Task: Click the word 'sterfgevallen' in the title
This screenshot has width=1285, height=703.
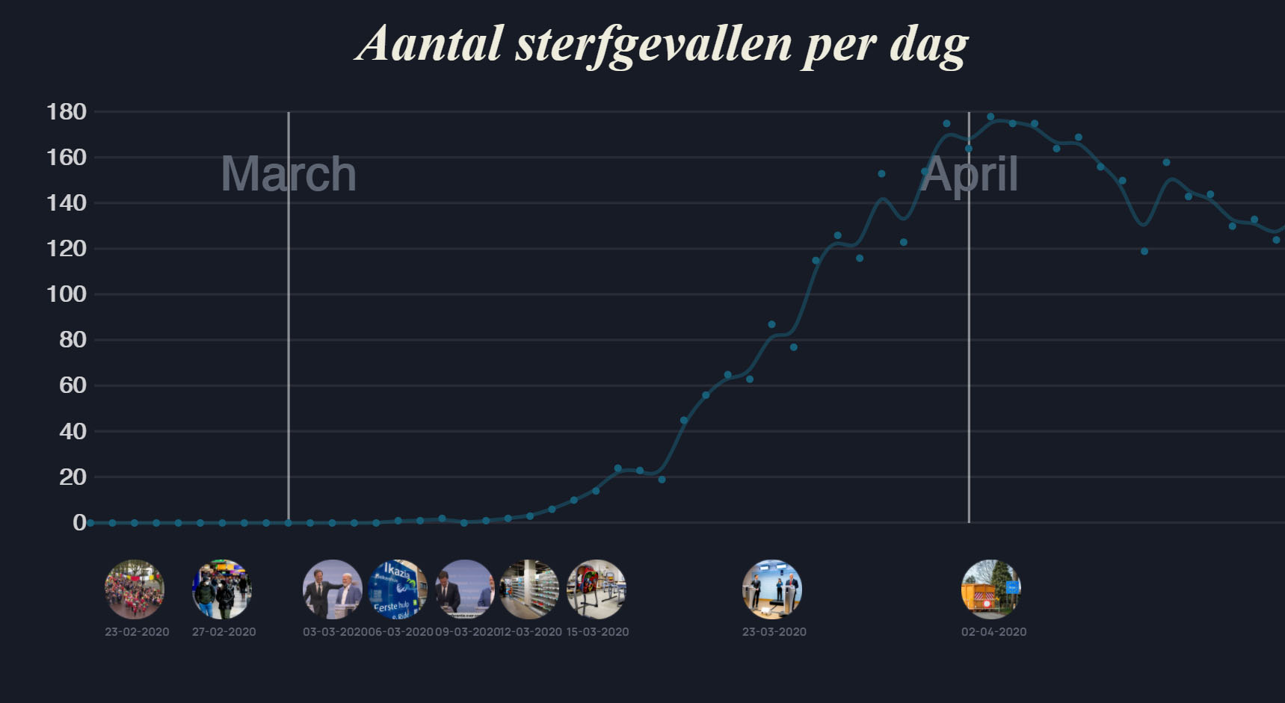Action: point(653,44)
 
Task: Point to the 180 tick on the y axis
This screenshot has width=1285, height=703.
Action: point(67,112)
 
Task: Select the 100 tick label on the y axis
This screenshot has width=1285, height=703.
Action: point(67,294)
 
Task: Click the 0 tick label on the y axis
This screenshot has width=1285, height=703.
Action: point(78,523)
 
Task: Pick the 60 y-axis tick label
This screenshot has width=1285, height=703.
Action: point(73,385)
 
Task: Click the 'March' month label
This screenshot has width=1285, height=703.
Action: point(289,174)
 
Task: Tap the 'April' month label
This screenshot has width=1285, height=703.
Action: point(969,174)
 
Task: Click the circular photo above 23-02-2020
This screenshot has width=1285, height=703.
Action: point(135,589)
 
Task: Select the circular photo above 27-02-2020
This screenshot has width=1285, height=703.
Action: point(222,589)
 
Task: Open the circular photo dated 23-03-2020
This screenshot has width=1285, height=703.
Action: point(772,589)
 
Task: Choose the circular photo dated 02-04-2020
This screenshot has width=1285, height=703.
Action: point(991,589)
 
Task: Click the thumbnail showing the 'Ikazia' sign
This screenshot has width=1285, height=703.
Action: point(398,589)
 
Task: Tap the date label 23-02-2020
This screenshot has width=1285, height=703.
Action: point(137,632)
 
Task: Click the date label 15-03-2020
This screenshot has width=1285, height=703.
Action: point(597,632)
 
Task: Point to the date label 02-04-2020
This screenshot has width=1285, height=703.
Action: point(993,632)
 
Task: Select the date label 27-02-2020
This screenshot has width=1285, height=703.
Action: point(224,632)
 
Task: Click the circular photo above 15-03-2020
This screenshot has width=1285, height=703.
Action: point(597,589)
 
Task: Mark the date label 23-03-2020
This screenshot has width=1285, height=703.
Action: point(774,632)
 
